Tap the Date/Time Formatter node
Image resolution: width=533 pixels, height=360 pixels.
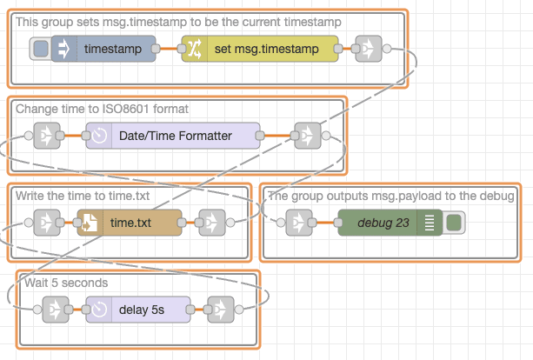(173, 136)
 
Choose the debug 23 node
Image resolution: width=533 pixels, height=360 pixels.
(390, 223)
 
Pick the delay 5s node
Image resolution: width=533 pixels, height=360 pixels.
(137, 309)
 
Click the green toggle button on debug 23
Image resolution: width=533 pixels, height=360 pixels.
(453, 223)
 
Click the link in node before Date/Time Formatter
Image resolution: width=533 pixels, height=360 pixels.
(46, 136)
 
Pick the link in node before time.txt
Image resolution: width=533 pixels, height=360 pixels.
(46, 223)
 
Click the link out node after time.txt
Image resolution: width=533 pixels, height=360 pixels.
(211, 223)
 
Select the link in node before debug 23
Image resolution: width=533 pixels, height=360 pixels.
(298, 223)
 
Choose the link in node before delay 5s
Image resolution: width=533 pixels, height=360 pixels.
(55, 309)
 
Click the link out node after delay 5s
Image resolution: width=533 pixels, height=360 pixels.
(220, 309)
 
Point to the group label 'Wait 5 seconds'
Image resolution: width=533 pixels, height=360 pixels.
(66, 283)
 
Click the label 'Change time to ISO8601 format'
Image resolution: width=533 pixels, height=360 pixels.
(102, 109)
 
